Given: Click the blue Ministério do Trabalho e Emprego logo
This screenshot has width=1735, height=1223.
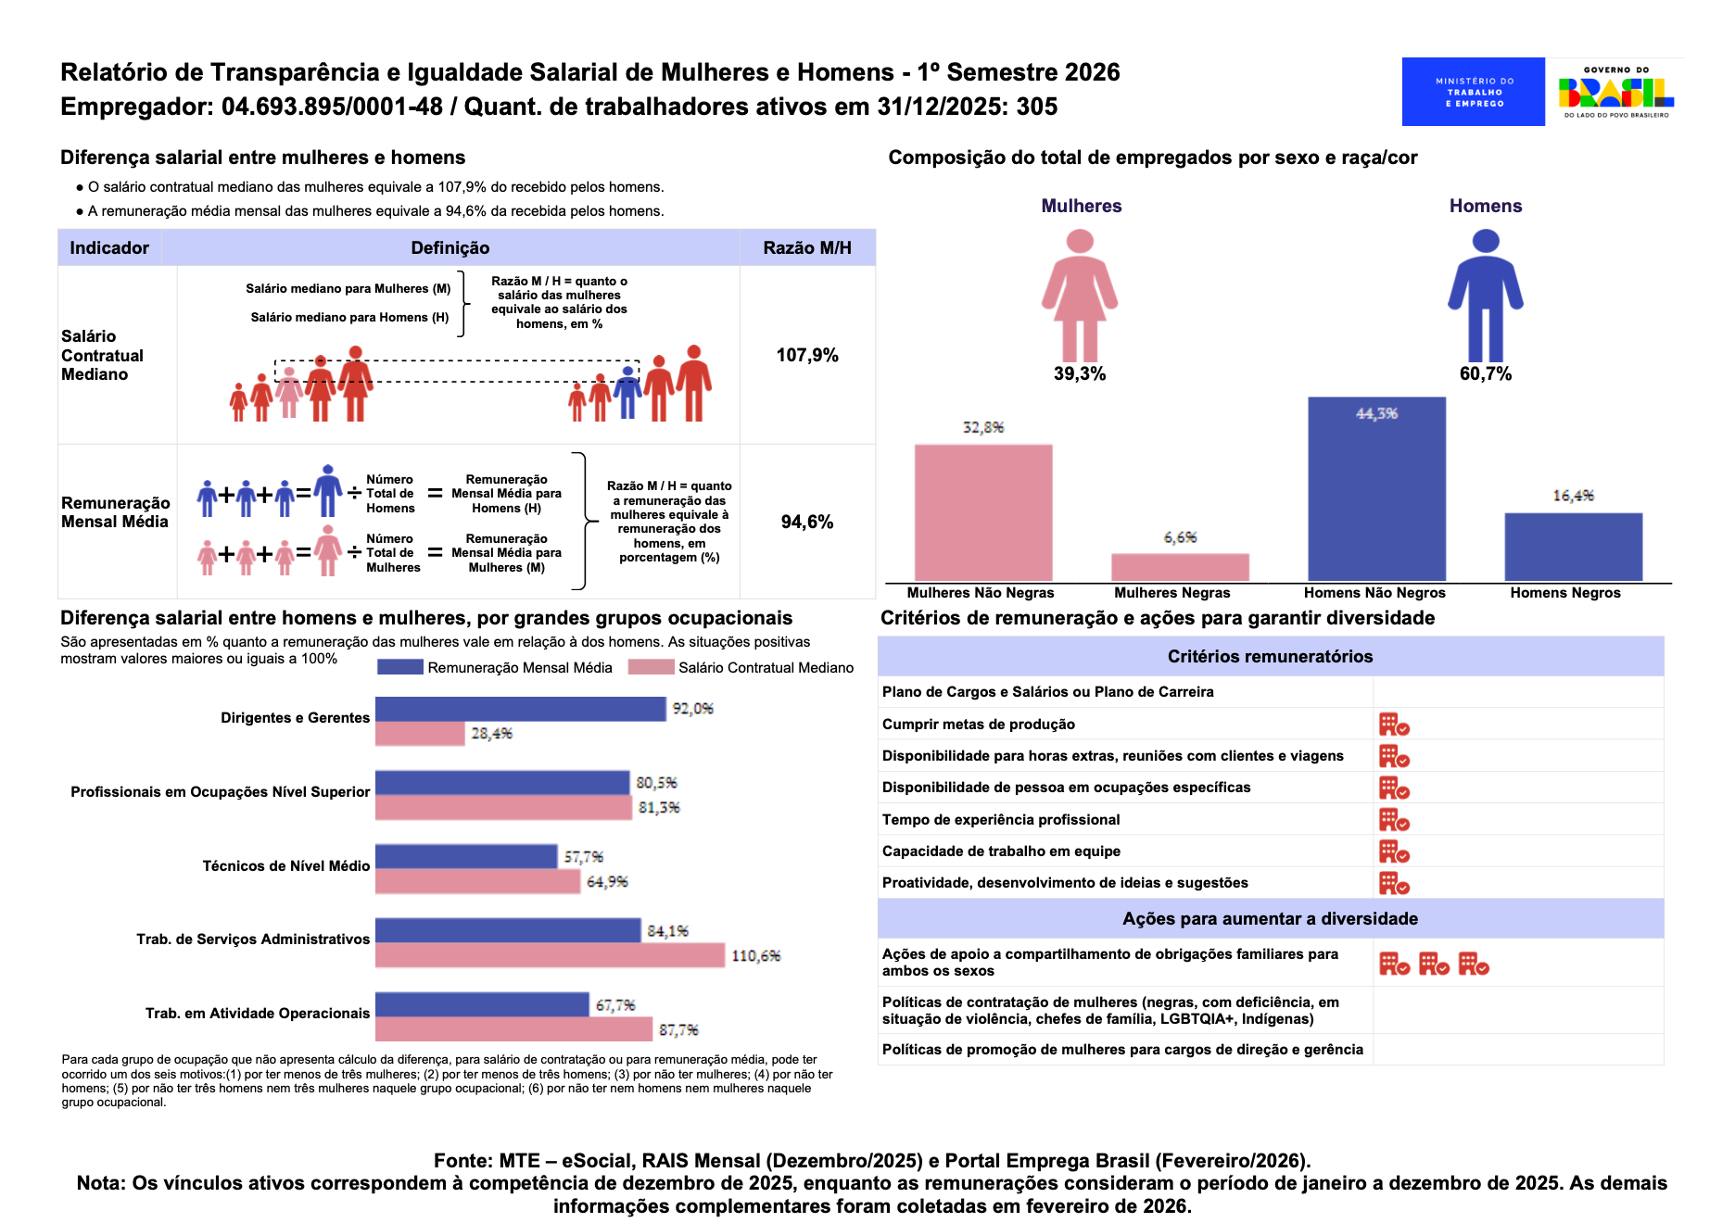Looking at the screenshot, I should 1473,92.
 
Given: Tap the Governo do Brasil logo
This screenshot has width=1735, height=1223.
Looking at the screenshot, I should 1615,92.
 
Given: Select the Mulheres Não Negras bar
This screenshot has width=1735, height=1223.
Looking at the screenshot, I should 983,512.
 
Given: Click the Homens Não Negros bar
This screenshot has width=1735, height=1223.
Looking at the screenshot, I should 1376,488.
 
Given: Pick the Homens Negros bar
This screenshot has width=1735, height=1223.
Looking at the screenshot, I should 1573,547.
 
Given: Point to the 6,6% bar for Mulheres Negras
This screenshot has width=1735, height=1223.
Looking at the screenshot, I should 1180,567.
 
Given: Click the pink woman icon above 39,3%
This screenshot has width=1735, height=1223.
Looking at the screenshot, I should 1080,296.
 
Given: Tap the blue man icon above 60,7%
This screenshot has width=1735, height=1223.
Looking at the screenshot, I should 1485,296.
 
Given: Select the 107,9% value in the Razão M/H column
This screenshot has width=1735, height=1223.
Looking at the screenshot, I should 807,356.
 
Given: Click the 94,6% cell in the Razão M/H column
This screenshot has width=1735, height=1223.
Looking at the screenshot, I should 807,523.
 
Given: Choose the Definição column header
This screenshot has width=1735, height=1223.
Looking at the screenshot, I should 450,248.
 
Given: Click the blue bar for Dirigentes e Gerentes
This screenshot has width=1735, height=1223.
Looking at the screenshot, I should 520,709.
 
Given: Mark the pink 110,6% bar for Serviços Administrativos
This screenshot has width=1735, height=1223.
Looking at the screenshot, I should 550,955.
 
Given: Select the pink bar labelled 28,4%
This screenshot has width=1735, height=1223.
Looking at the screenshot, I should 420,734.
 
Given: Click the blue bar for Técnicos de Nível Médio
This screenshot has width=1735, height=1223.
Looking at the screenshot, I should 466,856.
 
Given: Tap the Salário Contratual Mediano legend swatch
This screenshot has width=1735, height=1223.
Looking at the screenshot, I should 651,667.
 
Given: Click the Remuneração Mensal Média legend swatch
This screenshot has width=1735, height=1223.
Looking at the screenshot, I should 400,667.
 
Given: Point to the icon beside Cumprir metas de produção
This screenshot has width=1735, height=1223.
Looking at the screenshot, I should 1394,725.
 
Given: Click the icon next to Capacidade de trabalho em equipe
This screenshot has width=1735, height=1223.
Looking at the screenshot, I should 1394,851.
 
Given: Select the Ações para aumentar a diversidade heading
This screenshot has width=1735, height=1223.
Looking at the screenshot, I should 1270,919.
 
